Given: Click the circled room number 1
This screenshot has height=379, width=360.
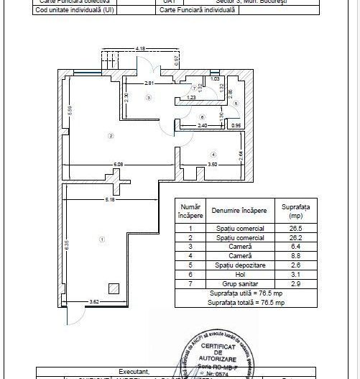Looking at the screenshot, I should point(102,239).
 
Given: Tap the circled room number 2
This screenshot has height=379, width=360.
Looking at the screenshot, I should point(111,135).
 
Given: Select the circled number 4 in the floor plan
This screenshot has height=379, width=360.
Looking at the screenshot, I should point(213,155).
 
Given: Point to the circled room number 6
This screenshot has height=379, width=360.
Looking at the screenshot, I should point(203,117).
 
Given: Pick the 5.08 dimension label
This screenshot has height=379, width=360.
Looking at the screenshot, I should point(118,165).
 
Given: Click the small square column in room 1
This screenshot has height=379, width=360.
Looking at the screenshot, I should point(113,289).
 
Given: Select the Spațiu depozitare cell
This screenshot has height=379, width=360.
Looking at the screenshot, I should point(240,266).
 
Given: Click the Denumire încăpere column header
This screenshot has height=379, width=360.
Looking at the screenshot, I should point(239,211).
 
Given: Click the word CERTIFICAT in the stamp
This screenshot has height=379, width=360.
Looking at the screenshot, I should point(218,347).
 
